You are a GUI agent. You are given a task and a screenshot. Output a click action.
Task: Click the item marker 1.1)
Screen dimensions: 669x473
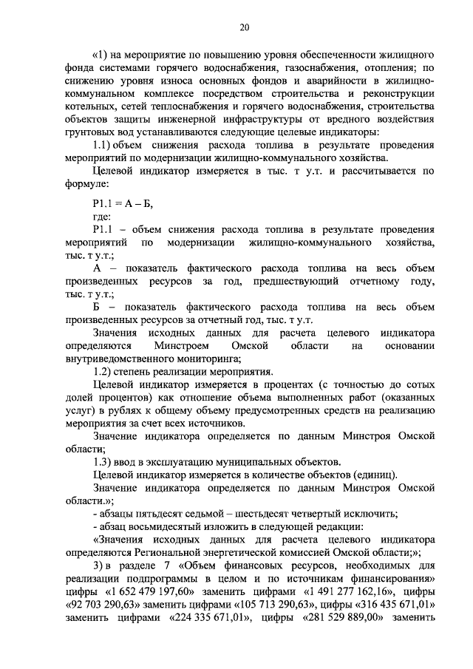106,144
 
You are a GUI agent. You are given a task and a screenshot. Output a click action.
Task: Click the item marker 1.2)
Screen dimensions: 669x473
106,371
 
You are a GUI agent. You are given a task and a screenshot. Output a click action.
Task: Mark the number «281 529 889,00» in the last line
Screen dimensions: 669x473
342,620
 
